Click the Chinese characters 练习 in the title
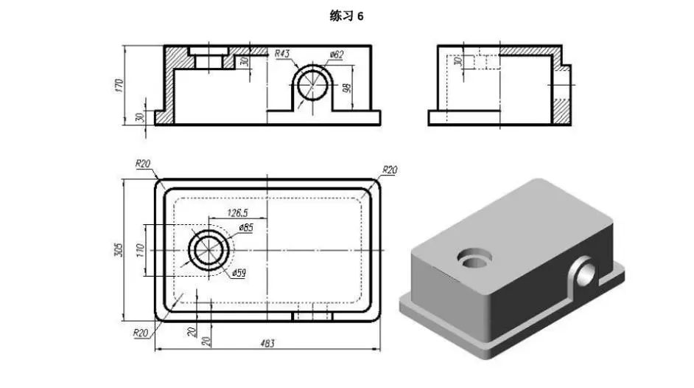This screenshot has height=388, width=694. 342,16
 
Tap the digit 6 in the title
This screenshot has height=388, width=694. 360,16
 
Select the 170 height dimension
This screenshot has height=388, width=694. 119,85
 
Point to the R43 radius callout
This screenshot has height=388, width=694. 282,54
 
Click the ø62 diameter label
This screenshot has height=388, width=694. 337,55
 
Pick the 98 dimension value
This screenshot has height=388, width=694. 348,88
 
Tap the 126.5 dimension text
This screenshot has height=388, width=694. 238,212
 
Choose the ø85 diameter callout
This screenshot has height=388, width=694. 246,228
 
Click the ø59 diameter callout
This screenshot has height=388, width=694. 239,273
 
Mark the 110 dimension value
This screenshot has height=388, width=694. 140,251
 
